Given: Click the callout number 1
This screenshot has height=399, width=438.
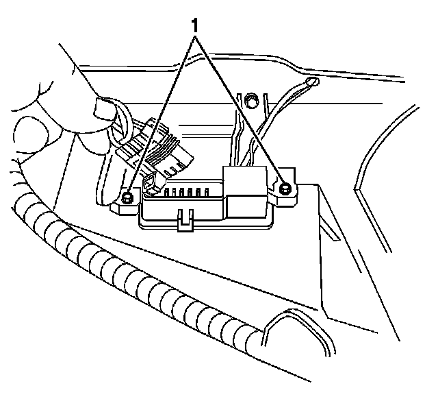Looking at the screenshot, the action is pyautogui.click(x=196, y=25).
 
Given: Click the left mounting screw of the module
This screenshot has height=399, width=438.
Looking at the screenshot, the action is pyautogui.click(x=127, y=198).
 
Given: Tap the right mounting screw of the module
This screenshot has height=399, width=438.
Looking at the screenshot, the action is pyautogui.click(x=285, y=188).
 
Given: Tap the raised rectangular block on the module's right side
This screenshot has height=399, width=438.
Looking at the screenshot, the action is pyautogui.click(x=246, y=188).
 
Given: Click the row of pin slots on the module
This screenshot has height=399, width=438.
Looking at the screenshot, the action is pyautogui.click(x=184, y=191).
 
